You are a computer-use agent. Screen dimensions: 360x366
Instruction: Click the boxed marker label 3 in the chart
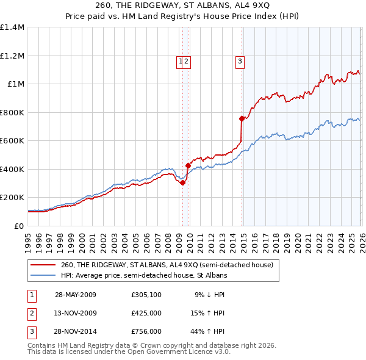click(x=240, y=60)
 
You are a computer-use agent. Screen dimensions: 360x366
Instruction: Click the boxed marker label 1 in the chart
click(x=181, y=60)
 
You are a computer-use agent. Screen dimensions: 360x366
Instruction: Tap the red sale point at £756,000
click(x=242, y=118)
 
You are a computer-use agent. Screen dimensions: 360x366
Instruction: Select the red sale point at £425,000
click(x=188, y=165)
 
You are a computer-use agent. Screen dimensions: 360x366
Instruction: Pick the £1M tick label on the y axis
click(x=15, y=84)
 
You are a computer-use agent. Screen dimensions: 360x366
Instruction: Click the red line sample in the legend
click(x=43, y=265)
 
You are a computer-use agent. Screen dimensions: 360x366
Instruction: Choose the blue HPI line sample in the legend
click(x=43, y=275)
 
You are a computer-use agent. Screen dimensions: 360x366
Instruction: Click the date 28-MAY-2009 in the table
click(x=75, y=295)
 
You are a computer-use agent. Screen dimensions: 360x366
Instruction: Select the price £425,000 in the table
click(x=146, y=313)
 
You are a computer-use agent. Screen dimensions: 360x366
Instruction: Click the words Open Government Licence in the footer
click(x=178, y=352)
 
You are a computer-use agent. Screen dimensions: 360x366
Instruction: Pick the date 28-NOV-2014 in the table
click(x=75, y=331)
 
